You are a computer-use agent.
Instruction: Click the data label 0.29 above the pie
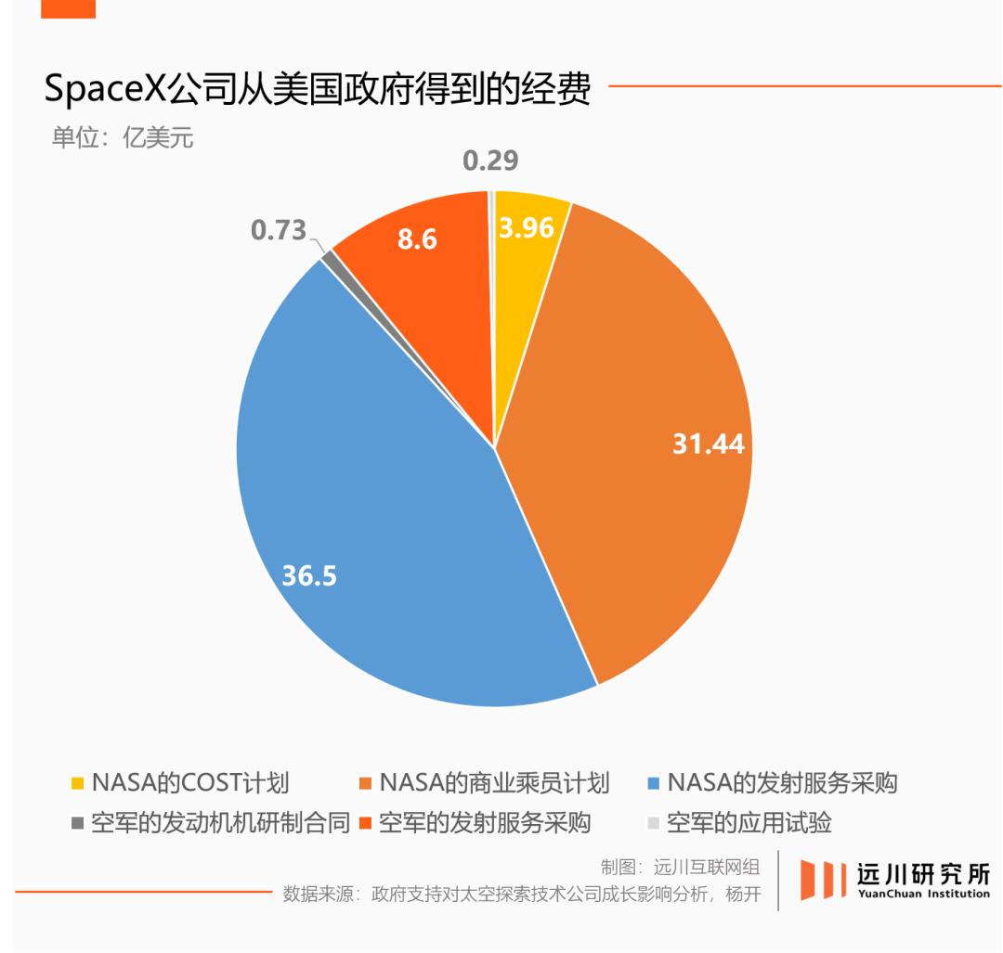click(490, 161)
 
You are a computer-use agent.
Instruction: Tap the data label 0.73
click(278, 229)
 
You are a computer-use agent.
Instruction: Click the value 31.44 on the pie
click(708, 444)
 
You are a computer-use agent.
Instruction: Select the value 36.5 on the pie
click(309, 575)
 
